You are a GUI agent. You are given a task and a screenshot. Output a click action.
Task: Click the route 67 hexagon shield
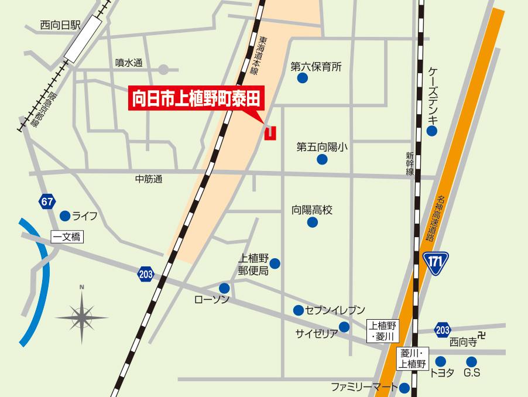[47, 202]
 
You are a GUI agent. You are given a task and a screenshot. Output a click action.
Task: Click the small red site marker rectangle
[270, 133]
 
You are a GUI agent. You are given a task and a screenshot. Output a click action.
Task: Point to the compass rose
[82, 316]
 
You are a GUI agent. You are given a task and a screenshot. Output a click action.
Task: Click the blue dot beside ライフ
[65, 216]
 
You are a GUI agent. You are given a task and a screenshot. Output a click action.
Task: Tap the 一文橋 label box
[67, 237]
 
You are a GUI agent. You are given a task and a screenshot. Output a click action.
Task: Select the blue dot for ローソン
[224, 288]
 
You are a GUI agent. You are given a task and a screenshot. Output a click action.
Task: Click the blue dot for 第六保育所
[303, 78]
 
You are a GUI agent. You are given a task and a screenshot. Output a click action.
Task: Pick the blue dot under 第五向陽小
[321, 159]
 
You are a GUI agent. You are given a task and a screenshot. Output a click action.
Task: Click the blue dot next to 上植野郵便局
[275, 264]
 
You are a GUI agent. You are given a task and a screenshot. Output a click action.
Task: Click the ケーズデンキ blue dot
[432, 131]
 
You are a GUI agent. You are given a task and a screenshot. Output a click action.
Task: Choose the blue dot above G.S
[472, 361]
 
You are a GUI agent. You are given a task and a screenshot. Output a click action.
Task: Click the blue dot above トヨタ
[441, 361]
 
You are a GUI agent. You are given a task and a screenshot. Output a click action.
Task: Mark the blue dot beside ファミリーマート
[405, 387]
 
